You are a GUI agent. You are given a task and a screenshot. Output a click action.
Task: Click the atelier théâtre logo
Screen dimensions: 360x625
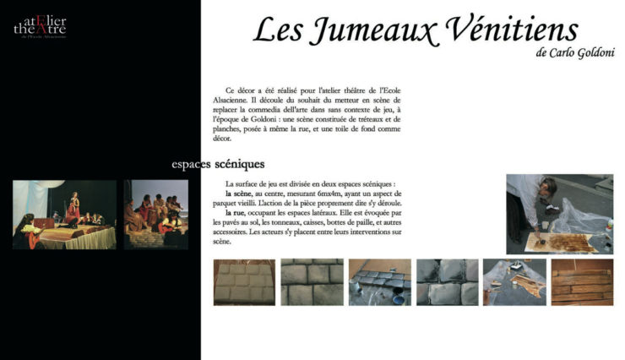coord(40,27)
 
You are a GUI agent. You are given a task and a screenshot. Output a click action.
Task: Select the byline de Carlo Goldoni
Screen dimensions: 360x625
coord(573,53)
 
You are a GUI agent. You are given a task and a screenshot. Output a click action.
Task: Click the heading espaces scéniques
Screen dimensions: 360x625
coord(218,163)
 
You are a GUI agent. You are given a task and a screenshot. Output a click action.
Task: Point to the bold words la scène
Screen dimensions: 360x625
coord(241,194)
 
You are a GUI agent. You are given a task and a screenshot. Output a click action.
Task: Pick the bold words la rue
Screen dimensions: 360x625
coord(239,213)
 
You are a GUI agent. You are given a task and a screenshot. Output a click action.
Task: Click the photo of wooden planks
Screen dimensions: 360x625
coord(581,281)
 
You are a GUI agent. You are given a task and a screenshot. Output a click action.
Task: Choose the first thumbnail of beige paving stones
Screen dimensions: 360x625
coord(244,281)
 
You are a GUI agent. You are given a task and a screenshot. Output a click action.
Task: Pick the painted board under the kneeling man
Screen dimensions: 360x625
coord(562,243)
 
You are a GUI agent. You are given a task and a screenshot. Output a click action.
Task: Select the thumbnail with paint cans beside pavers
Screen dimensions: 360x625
coord(379,281)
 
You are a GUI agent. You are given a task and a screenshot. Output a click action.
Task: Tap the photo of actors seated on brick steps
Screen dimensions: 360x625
coord(155,215)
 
